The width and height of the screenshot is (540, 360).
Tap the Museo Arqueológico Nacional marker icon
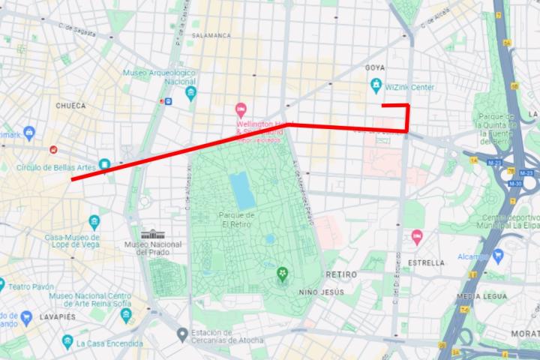click(191, 93)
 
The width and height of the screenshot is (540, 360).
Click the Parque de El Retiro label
click(237, 220)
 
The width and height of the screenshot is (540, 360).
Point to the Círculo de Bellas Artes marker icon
click(104, 163)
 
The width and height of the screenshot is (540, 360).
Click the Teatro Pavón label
click(31, 286)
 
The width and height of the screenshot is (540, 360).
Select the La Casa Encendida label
click(109, 343)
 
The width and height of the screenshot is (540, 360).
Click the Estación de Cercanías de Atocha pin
click(181, 333)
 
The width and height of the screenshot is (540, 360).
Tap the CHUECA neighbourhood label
click(70, 106)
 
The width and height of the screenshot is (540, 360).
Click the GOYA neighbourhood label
click(374, 67)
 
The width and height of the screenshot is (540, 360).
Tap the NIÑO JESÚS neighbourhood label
click(322, 291)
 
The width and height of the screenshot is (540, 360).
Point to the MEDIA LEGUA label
click(477, 296)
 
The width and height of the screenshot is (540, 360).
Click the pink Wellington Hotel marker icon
click(241, 109)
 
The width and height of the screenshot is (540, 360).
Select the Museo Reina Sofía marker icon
click(126, 315)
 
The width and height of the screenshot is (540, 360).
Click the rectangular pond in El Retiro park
click(241, 190)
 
